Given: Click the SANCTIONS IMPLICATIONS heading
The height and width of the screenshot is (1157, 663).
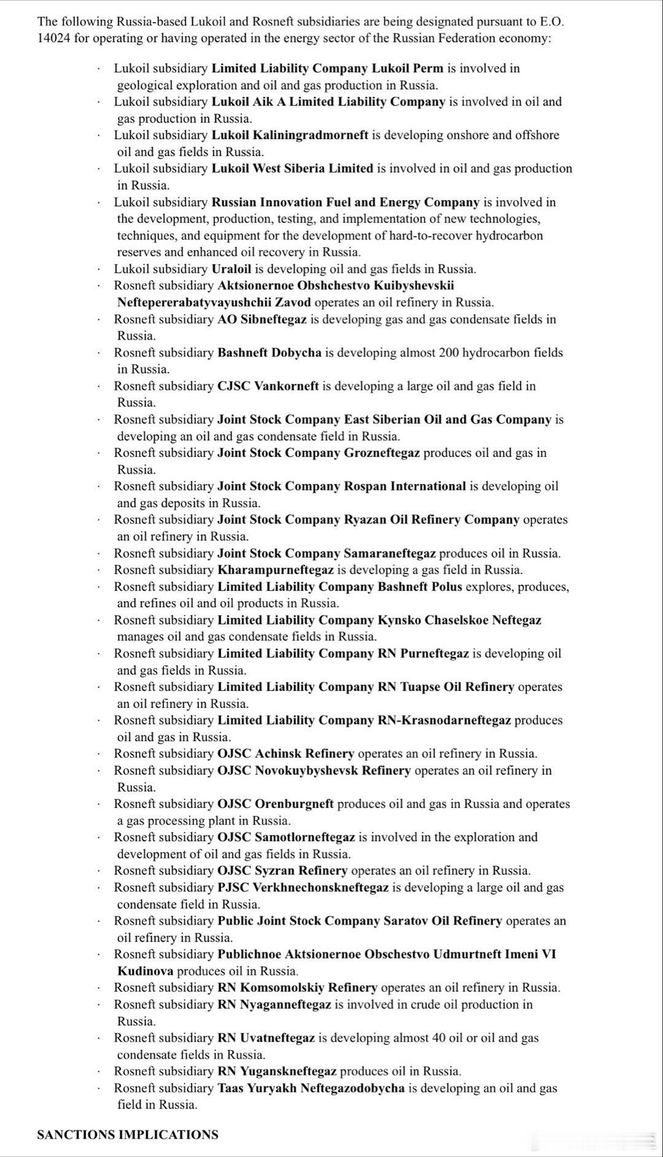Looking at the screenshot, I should pyautogui.click(x=127, y=1134).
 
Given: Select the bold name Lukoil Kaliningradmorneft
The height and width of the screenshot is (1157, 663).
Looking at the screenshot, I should pyautogui.click(x=290, y=135).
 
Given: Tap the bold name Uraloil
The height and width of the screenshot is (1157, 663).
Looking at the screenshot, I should pyautogui.click(x=231, y=269).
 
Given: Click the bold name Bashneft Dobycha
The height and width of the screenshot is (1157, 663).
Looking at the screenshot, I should pyautogui.click(x=269, y=353).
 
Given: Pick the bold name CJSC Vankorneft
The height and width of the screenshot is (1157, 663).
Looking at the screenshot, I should pyautogui.click(x=268, y=386).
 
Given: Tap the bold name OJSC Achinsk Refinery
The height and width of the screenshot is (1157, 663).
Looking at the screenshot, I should pyautogui.click(x=285, y=753).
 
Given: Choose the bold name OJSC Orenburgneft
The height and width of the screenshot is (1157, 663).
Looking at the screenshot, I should pyautogui.click(x=276, y=804).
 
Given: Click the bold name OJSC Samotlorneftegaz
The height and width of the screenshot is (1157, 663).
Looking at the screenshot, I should pyautogui.click(x=286, y=837).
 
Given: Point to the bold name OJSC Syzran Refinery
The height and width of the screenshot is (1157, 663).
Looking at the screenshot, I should pyautogui.click(x=282, y=871).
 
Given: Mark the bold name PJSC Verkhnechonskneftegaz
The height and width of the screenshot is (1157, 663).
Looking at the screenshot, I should pyautogui.click(x=303, y=887).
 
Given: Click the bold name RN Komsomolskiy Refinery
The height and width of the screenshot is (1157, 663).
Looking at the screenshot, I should pyautogui.click(x=297, y=988).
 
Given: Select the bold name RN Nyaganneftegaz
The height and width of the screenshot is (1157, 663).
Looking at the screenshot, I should pyautogui.click(x=274, y=1004).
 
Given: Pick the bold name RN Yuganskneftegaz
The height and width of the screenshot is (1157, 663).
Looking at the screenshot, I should pyautogui.click(x=277, y=1071).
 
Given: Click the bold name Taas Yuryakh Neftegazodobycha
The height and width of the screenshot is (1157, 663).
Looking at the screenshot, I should pyautogui.click(x=311, y=1088).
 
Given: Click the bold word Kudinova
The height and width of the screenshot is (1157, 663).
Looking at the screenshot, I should pyautogui.click(x=145, y=971).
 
